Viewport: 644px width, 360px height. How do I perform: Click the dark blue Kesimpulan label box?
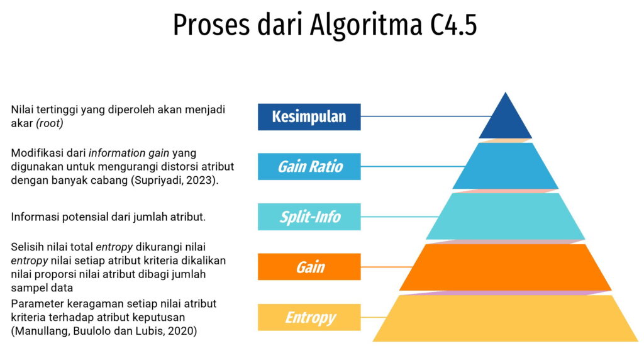(309, 117)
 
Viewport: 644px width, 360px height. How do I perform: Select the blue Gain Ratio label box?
(309, 166)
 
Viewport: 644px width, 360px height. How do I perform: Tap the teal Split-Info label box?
(309, 217)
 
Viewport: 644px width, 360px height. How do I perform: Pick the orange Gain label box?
(309, 267)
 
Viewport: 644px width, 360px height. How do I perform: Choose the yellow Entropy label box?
(309, 317)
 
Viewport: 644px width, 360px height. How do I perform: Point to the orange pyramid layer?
(505, 267)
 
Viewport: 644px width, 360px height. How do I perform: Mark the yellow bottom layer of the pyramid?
(505, 318)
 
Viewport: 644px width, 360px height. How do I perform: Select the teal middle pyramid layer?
(505, 216)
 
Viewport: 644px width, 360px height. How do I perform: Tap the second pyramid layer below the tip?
(505, 166)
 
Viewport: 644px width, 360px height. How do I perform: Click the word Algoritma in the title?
(366, 25)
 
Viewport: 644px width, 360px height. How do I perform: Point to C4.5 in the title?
(453, 25)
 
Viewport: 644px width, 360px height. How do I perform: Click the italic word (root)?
(50, 123)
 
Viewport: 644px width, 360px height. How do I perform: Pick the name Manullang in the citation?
(42, 331)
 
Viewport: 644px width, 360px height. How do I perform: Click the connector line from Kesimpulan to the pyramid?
(426, 116)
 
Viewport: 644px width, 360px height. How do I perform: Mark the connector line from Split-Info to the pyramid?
(399, 217)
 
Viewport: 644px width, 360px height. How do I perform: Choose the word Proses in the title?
(211, 25)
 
